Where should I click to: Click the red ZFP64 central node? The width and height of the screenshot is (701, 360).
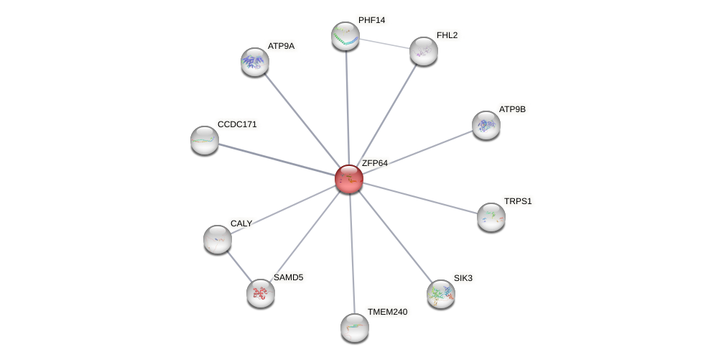pos(349,179)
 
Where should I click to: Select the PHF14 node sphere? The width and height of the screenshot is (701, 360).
pos(345,36)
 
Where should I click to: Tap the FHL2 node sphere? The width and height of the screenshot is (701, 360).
pos(424,51)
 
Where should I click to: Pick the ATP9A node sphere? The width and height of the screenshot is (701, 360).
pos(255,62)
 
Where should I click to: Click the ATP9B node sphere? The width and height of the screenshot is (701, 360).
pos(486,125)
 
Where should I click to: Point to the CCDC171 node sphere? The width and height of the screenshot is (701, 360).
pos(205,140)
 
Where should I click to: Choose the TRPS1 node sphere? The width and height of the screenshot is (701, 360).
pos(491,217)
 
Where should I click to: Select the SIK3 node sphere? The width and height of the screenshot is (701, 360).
pos(441,294)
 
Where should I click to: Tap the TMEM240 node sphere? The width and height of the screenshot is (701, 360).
pos(355,328)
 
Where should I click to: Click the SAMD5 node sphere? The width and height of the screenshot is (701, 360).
pos(261,293)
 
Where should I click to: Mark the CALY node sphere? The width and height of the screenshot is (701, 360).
pos(218,239)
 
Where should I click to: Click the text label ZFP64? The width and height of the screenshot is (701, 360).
pos(374,163)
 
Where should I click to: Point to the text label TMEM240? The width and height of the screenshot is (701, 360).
pos(387,312)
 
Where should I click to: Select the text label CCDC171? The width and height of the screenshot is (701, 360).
pos(237,124)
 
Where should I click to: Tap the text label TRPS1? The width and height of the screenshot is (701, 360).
pos(517,201)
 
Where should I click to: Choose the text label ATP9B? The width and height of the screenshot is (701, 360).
pos(512,109)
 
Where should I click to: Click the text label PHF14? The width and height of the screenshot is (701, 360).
pos(371,20)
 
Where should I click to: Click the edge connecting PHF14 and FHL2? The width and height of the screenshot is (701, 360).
pos(384,43)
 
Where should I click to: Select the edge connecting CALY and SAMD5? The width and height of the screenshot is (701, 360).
pos(239,266)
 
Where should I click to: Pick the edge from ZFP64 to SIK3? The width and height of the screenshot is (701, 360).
pos(395,236)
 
